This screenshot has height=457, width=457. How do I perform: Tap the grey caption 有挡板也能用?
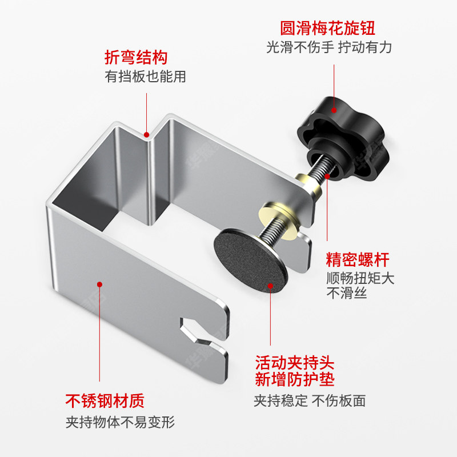pyautogui.click(x=145, y=76)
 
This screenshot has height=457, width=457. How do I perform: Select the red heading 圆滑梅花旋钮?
pyautogui.click(x=327, y=28)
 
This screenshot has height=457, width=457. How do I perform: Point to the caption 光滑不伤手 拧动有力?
pyautogui.click(x=329, y=47)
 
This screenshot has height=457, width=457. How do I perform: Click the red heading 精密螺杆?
pyautogui.click(x=358, y=260)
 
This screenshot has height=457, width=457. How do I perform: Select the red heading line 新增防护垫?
pyautogui.click(x=294, y=380)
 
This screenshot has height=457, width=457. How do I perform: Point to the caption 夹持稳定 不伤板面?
pyautogui.click(x=310, y=400)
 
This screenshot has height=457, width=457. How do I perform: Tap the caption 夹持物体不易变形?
pyautogui.click(x=119, y=423)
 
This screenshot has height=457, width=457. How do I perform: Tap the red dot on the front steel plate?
pyautogui.click(x=99, y=283)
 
